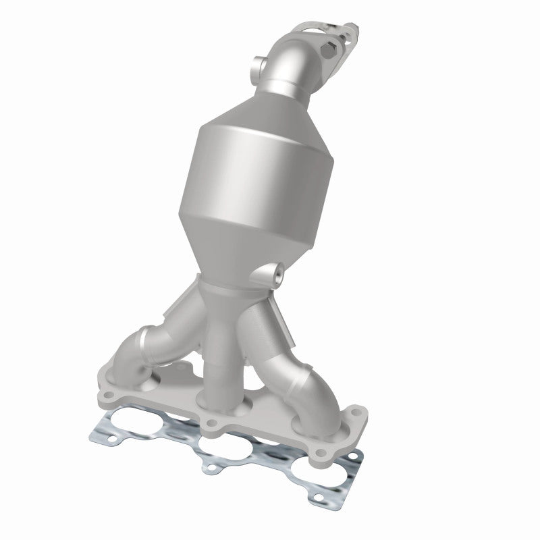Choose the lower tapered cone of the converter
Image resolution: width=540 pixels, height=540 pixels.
tap(243, 250)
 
